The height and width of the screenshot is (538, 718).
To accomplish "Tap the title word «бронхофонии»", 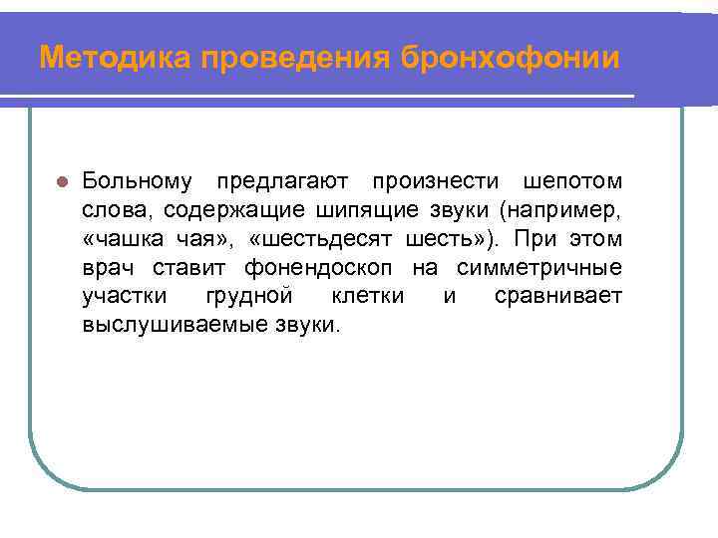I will [x=511, y=58].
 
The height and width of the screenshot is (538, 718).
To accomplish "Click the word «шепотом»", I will [x=572, y=182].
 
